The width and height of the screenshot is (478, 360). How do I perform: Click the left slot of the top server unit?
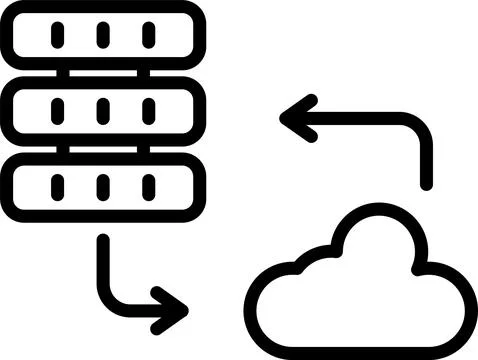point(57,35)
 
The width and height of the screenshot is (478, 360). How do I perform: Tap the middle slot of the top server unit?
point(103,35)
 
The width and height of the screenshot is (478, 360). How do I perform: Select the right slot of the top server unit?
point(149,35)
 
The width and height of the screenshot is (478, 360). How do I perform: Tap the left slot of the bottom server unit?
point(57,187)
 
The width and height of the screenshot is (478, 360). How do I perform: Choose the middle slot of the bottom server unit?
point(103,187)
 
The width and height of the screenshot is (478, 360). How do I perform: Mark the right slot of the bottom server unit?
point(149,187)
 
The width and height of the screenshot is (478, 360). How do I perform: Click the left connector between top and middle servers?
point(62,73)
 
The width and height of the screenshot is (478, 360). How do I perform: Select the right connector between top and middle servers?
point(144,73)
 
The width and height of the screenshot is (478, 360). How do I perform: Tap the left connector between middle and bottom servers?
point(62,149)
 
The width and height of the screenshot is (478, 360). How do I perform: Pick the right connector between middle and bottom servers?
point(144,149)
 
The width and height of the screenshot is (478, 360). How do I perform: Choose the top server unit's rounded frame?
point(103,9)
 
